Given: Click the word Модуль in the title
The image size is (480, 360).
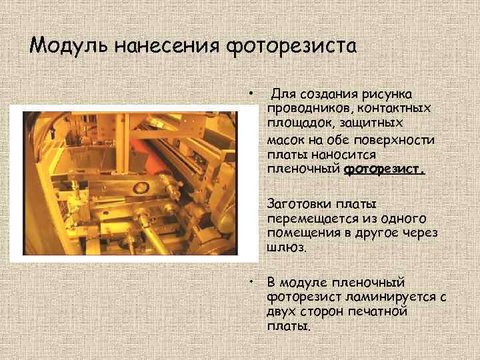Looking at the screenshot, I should pos(70,46).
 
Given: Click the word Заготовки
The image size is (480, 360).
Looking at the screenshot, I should pos(298,203).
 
